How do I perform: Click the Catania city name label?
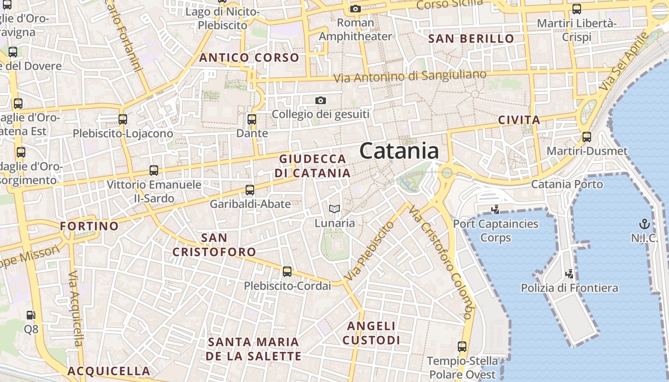pyautogui.click(x=399, y=151)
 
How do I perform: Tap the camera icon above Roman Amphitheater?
pyautogui.click(x=355, y=9)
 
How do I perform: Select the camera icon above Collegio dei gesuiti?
pyautogui.click(x=321, y=100)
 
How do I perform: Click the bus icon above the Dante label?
pyautogui.click(x=252, y=119)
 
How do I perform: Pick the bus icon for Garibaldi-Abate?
pyautogui.click(x=250, y=190)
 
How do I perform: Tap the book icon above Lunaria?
pyautogui.click(x=334, y=209)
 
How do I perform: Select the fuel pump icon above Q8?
pyautogui.click(x=31, y=315)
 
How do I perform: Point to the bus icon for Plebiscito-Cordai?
pyautogui.click(x=287, y=272)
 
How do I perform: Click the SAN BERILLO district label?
pyautogui.click(x=471, y=39)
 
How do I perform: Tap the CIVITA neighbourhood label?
pyautogui.click(x=519, y=120)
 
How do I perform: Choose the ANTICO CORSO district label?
pyautogui.click(x=249, y=58)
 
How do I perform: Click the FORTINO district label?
pyautogui.click(x=89, y=226)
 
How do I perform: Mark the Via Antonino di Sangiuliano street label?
pyautogui.click(x=410, y=76)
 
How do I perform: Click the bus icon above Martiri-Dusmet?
pyautogui.click(x=587, y=137)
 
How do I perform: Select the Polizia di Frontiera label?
pyautogui.click(x=569, y=288)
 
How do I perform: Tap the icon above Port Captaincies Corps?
pyautogui.click(x=496, y=209)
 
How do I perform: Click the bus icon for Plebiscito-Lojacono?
pyautogui.click(x=123, y=119)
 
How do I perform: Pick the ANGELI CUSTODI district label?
pyautogui.click(x=371, y=333)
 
